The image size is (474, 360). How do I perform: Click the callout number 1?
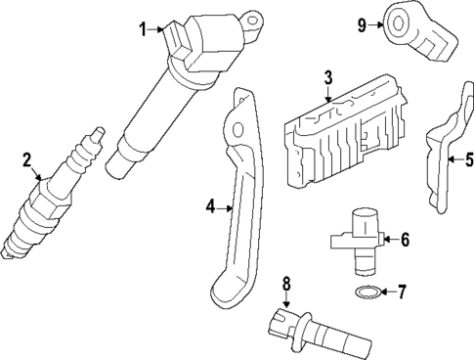coord(142,29)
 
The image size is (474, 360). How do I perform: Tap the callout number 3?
coord(328,76)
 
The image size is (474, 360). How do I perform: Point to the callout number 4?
coord(209,206)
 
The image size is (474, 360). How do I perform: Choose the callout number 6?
coord(405,238)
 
